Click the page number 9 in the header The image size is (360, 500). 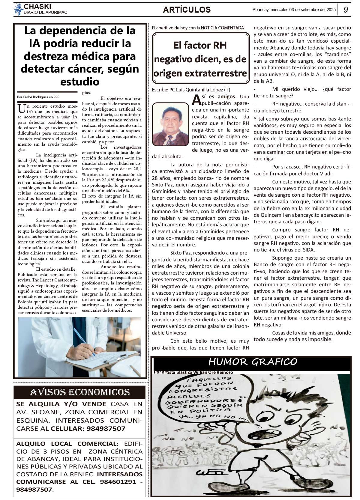click(x=346, y=10)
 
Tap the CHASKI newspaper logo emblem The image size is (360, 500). click(x=19, y=9)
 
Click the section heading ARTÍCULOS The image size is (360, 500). click(x=187, y=10)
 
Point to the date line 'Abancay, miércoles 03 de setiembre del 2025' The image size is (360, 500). click(x=294, y=10)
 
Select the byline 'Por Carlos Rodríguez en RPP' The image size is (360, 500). click(x=38, y=97)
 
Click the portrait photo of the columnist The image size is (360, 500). click(x=170, y=124)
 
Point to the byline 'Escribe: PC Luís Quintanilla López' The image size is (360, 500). click(x=191, y=90)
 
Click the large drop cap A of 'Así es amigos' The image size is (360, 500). click(x=196, y=99)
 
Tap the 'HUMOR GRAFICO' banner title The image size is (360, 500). click(x=253, y=362)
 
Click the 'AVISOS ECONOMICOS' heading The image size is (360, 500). click(x=80, y=392)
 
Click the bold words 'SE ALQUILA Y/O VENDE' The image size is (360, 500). click(x=61, y=404)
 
